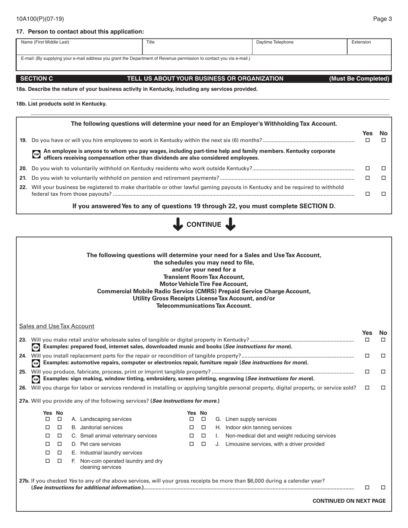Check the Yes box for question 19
[x=367, y=140]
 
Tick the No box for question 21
[x=384, y=178]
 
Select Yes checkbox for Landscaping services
[x=48, y=419]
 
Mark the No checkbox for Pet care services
[x=60, y=444]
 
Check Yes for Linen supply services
[x=192, y=419]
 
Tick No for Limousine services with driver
[x=204, y=444]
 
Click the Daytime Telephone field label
[x=275, y=42]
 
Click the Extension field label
[x=361, y=42]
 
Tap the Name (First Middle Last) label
[x=45, y=42]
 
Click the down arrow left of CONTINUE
[x=177, y=224]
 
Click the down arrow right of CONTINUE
[x=231, y=224]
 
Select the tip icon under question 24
[x=36, y=363]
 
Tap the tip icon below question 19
[x=36, y=155]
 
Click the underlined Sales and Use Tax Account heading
[x=57, y=326]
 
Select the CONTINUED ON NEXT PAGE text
[x=349, y=501]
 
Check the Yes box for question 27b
[x=367, y=487]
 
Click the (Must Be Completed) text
[x=359, y=79]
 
